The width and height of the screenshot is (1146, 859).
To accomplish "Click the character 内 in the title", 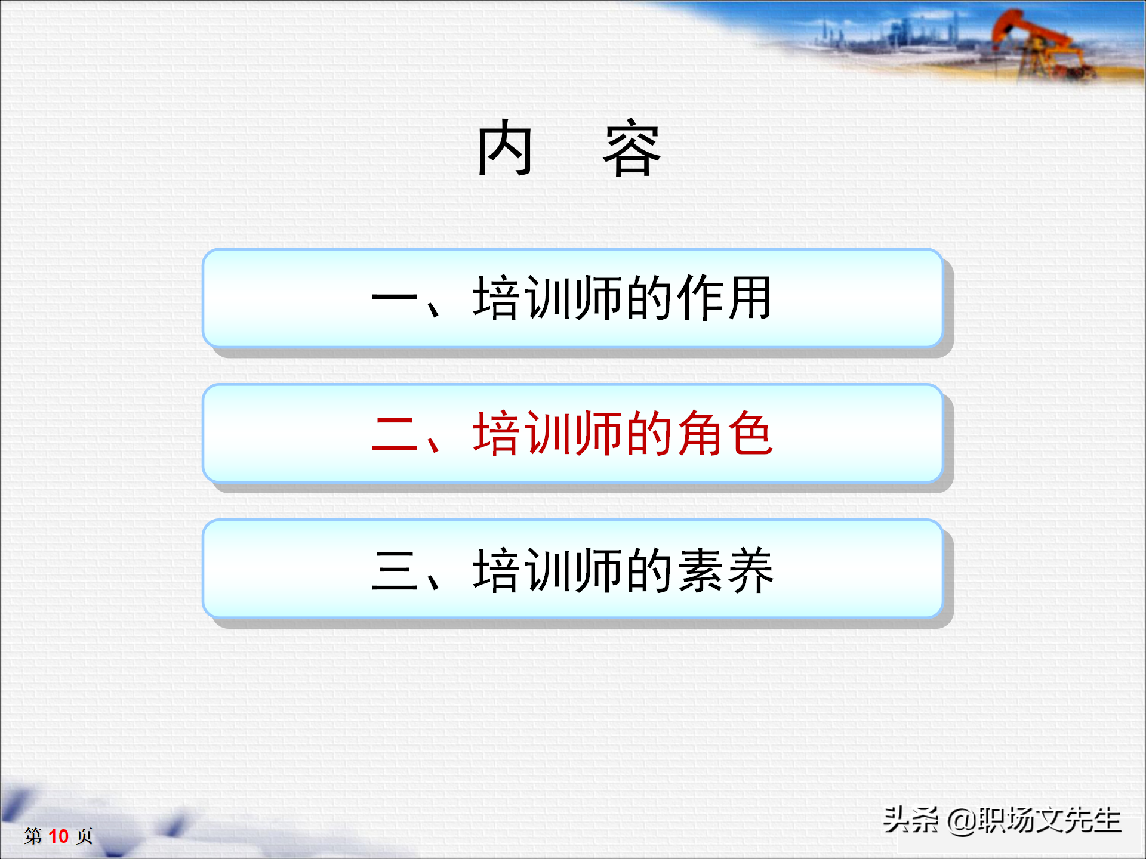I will [x=504, y=147].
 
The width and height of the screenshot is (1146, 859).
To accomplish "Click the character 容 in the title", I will [x=632, y=149].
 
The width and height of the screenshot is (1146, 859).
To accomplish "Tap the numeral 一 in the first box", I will [x=395, y=298].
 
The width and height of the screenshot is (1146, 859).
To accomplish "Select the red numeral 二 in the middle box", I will [x=395, y=434].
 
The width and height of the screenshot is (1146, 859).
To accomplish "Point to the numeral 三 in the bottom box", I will [x=395, y=570].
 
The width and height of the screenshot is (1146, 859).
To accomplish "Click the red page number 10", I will [x=58, y=836].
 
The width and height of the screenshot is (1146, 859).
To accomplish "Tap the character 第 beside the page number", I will [x=33, y=836].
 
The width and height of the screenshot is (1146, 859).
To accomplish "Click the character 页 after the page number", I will [x=84, y=836].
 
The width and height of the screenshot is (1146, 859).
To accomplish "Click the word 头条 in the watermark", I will [x=910, y=820].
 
